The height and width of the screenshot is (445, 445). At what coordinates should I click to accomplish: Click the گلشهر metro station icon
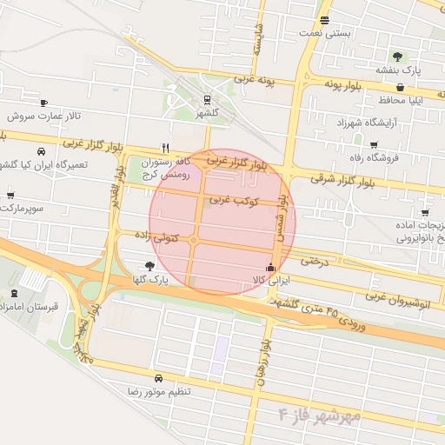coord(207,100)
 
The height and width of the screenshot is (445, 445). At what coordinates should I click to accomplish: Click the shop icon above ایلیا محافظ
coord(399,87)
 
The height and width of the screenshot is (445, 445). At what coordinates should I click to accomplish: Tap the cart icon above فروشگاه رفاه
coord(374,145)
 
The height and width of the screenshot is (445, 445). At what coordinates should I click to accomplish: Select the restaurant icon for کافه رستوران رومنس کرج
coord(165,148)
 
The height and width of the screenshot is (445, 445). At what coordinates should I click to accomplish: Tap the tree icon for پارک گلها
coord(151,266)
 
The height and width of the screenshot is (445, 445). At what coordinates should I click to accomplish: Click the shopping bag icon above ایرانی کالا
coord(273,268)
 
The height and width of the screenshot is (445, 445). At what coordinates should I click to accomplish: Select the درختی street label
coord(316,260)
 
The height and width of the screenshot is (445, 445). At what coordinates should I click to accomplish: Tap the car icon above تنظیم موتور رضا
coord(158,379)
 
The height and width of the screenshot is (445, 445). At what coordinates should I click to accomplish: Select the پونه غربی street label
coord(253,81)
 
